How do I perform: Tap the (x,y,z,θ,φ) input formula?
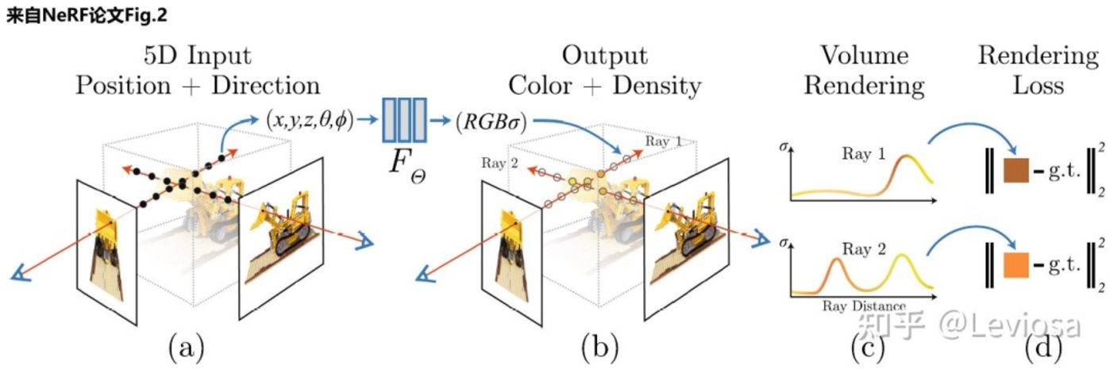tap(310, 121)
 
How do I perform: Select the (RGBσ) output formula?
tap(491, 121)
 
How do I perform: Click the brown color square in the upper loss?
tap(1016, 171)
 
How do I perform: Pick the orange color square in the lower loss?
tap(1016, 265)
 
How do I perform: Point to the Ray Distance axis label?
tap(864, 306)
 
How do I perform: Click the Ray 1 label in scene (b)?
tap(663, 141)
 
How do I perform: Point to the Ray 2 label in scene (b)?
tap(499, 163)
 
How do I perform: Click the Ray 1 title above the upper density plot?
tap(863, 154)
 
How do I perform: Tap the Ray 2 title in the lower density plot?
tap(864, 249)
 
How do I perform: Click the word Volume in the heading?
tap(865, 55)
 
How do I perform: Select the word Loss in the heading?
tap(1038, 85)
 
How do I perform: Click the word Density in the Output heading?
tap(657, 87)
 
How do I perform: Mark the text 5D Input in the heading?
tap(197, 56)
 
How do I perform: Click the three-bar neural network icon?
tap(404, 121)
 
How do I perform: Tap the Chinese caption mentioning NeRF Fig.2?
tap(87, 16)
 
